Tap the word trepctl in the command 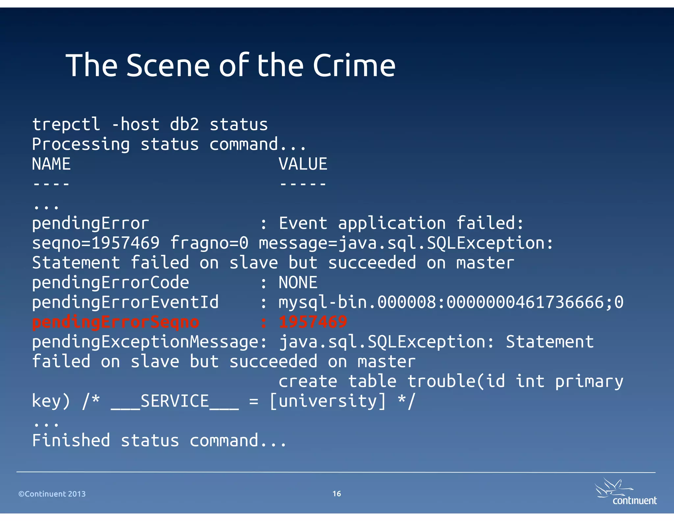click(x=66, y=124)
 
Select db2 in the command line click(x=184, y=124)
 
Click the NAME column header click(x=51, y=164)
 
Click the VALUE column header click(x=303, y=164)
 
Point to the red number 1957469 click(x=313, y=322)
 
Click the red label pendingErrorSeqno click(x=116, y=322)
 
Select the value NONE click(x=298, y=283)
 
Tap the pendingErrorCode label click(x=111, y=283)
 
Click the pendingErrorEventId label click(x=125, y=302)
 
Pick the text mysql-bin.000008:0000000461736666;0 click(x=451, y=302)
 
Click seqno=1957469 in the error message click(x=96, y=243)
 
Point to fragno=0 click(x=209, y=243)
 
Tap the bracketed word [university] click(x=327, y=401)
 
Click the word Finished click(x=71, y=441)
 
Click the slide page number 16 click(x=337, y=494)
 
